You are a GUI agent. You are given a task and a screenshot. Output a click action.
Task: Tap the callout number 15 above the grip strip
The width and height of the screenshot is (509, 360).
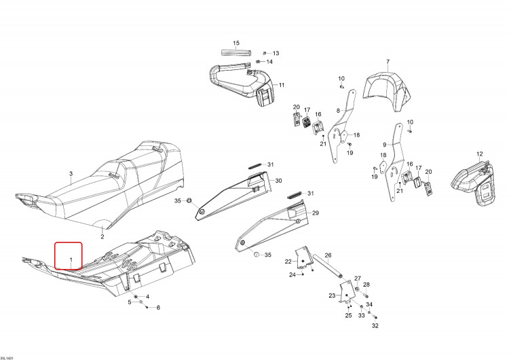[x=236, y=43]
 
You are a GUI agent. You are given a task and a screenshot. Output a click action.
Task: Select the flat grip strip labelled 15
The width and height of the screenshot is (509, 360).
[x=236, y=52]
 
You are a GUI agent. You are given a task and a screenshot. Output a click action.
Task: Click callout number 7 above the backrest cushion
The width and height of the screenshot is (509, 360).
[x=388, y=61]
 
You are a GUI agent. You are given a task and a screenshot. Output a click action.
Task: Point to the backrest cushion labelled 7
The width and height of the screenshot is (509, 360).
[x=385, y=90]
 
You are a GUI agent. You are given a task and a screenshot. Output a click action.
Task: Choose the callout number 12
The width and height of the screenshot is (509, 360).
[x=479, y=154]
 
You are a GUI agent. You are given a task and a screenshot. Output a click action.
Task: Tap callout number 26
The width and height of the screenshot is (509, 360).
[x=328, y=255]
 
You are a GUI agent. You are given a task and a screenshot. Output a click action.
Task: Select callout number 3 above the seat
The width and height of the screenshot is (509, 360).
[x=71, y=174]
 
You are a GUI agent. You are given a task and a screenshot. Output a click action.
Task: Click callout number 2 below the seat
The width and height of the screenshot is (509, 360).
[x=102, y=236]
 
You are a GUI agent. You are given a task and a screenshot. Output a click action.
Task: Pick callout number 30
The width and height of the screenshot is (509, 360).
[x=278, y=181]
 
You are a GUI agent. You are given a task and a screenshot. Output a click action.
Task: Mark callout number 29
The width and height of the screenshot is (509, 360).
[x=315, y=213]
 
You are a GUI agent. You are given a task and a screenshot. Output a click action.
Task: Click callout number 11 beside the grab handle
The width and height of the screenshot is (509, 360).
[x=282, y=85]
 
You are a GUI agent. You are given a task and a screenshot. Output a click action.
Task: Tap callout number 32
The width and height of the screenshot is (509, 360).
[x=375, y=325]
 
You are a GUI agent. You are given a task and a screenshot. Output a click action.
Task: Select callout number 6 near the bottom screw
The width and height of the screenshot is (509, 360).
[x=158, y=308]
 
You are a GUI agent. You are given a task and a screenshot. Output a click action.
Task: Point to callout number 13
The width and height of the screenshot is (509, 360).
[x=276, y=53]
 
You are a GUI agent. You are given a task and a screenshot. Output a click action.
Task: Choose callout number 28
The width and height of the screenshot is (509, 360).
[x=366, y=285]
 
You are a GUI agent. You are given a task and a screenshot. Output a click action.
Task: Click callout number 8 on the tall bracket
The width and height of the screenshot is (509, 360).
[x=338, y=111]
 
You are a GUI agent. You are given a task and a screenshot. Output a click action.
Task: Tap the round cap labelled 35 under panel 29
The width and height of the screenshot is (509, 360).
[x=256, y=255]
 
